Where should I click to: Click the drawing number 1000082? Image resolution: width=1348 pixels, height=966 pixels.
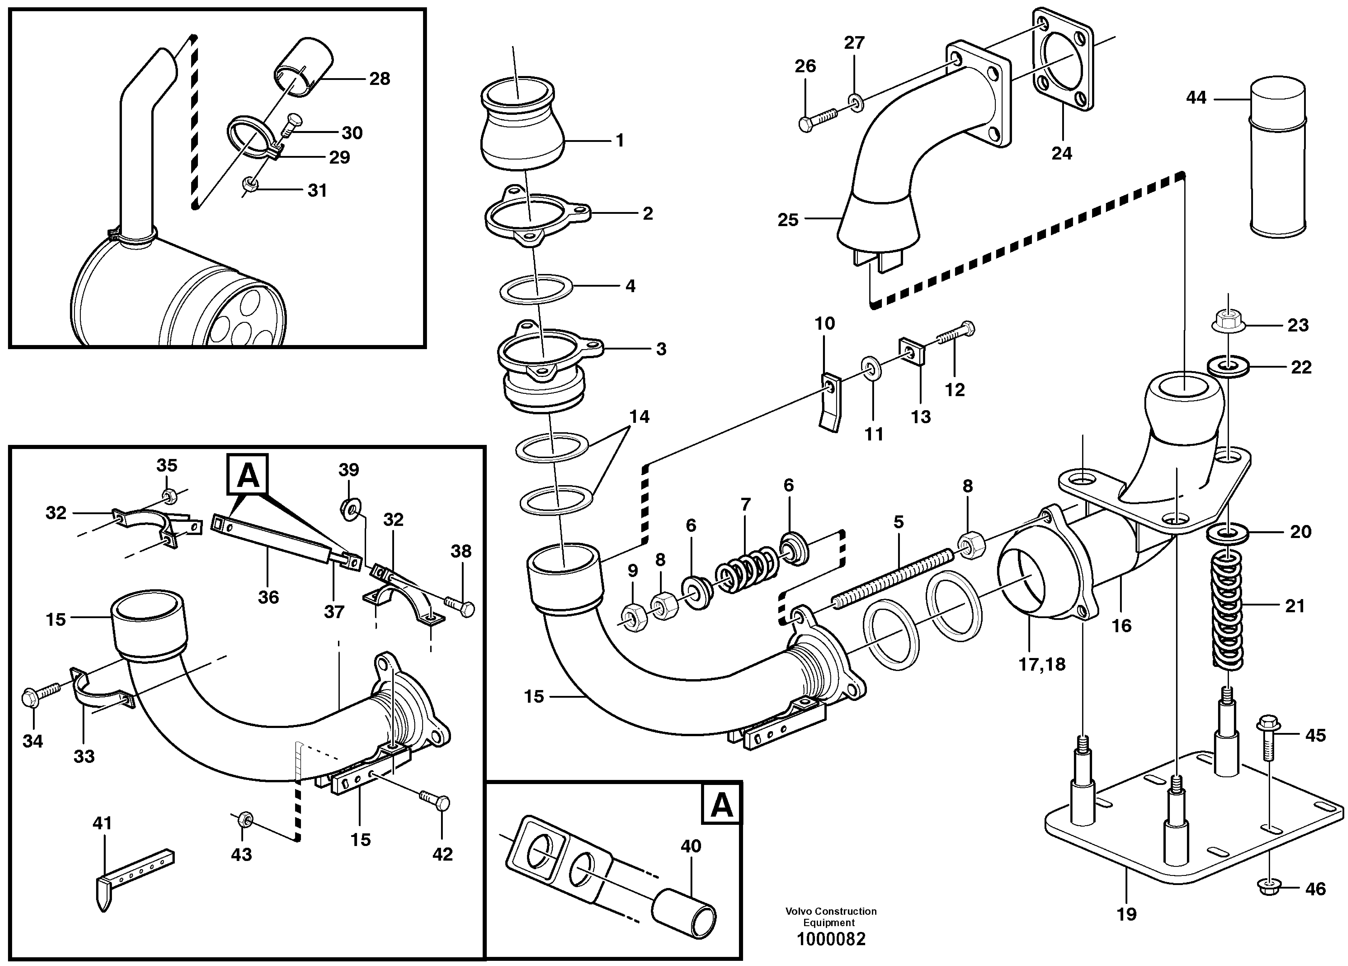pyautogui.click(x=831, y=939)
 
